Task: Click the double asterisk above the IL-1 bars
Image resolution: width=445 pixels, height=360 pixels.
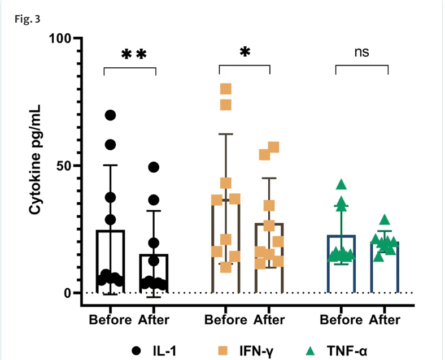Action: [134, 55]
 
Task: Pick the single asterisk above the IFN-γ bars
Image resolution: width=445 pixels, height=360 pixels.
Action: [245, 53]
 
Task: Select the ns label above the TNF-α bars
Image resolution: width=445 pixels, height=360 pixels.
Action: [361, 52]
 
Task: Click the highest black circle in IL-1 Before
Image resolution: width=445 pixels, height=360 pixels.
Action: [110, 115]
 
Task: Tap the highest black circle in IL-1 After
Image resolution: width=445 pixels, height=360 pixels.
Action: [154, 167]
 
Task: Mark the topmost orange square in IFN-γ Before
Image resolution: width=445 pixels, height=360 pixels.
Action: [226, 89]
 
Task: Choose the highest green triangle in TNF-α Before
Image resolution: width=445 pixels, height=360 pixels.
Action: [341, 184]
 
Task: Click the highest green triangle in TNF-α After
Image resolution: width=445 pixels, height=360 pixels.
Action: [385, 220]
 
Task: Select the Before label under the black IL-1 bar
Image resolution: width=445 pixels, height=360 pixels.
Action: [110, 320]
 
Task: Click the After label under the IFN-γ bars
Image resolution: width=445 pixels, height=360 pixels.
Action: [269, 320]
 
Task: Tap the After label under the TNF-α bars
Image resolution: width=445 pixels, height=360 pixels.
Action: [385, 320]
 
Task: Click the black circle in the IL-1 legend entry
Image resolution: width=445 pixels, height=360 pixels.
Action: [136, 350]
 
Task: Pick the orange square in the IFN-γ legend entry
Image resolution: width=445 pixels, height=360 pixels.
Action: [224, 350]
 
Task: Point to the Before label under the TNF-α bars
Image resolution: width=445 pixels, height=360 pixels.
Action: [341, 320]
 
